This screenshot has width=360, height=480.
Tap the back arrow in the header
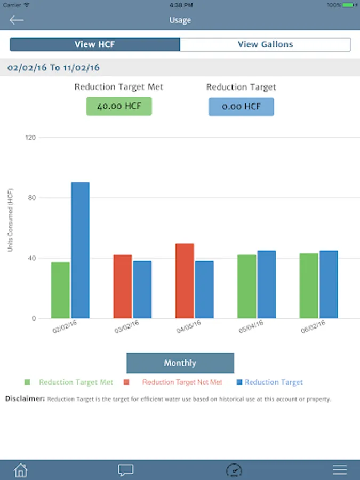(x=17, y=20)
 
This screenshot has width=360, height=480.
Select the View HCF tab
(x=95, y=44)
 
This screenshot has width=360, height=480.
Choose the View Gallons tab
(x=265, y=44)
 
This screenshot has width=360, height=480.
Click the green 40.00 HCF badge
(x=119, y=106)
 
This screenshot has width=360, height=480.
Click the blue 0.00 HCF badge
(x=241, y=106)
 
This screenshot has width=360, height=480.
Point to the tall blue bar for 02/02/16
(x=81, y=250)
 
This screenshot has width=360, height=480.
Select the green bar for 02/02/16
(x=60, y=290)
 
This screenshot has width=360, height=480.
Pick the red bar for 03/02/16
(x=122, y=286)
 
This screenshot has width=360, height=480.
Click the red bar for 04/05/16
(x=185, y=281)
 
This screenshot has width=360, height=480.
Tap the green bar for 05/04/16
(x=246, y=286)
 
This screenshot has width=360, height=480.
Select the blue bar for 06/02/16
(x=329, y=284)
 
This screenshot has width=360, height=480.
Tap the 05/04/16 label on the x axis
(x=251, y=327)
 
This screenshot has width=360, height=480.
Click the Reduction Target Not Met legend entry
(x=182, y=382)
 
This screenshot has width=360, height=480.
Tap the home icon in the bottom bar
(x=20, y=470)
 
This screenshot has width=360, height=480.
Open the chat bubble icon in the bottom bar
(x=126, y=470)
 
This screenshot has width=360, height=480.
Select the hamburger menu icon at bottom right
(x=340, y=470)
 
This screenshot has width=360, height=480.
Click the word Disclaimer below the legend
(x=25, y=398)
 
